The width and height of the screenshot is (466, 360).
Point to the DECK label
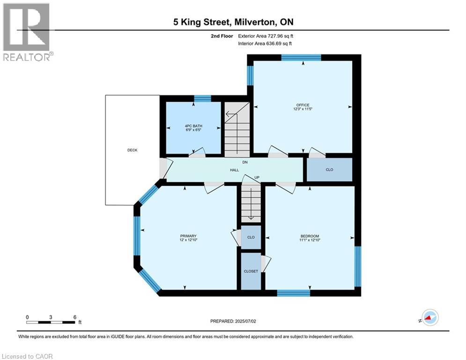click(x=133, y=150)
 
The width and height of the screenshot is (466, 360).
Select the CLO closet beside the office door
click(x=329, y=169)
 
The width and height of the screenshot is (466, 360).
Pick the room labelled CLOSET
click(x=251, y=271)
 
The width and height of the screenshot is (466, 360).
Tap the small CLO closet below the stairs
click(x=251, y=237)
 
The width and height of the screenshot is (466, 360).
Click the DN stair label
click(x=244, y=162)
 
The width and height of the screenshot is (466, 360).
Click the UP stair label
click(x=256, y=177)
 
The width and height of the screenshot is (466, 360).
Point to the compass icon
click(x=429, y=317)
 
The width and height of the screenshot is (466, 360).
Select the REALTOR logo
click(x=26, y=32)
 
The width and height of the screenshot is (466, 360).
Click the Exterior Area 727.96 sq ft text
click(x=266, y=36)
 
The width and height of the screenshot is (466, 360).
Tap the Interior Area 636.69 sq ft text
click(x=265, y=44)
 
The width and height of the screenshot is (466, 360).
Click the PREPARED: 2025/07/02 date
click(x=234, y=321)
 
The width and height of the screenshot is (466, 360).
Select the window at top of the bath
click(x=202, y=98)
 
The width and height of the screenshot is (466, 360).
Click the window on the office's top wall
click(x=301, y=58)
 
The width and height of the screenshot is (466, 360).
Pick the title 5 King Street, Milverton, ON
click(x=233, y=22)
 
